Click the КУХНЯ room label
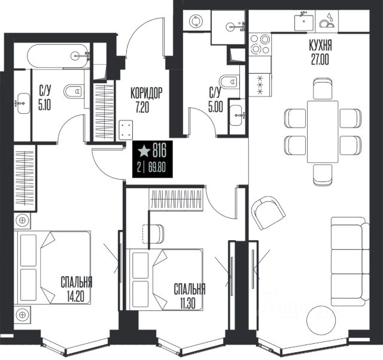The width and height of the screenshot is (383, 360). (x=320, y=46)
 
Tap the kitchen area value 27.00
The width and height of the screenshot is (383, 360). (x=320, y=59)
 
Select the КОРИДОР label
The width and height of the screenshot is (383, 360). (x=146, y=93)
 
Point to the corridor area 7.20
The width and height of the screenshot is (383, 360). (x=142, y=107)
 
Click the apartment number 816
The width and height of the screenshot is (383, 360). (x=159, y=150)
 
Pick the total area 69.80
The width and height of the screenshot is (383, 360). (x=157, y=168)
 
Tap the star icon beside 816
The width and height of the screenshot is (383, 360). (x=144, y=151)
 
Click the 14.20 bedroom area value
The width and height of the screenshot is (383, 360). (x=76, y=297)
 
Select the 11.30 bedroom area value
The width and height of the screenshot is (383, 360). (x=188, y=304)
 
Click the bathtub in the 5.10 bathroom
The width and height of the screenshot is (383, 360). (x=57, y=56)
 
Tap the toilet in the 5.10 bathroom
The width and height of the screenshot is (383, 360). (x=74, y=91)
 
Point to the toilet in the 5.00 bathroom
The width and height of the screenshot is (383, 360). (x=230, y=81)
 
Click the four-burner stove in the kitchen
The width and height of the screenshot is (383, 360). (x=260, y=44)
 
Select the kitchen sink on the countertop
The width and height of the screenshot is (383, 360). (x=303, y=23)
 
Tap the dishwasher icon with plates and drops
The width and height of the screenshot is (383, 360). (x=327, y=21)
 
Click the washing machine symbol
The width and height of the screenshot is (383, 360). (x=196, y=21)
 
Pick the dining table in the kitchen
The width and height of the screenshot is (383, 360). (x=323, y=132)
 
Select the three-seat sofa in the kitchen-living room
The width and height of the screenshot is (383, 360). (x=349, y=261)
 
